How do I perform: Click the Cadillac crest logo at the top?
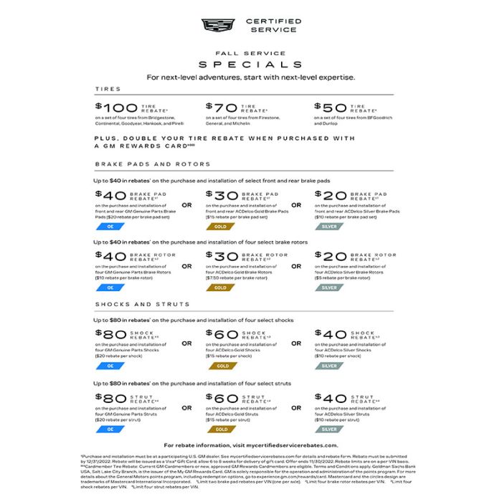click(217, 25)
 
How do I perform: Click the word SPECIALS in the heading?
click(250, 64)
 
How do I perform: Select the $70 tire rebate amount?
click(220, 107)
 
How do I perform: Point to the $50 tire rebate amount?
click(328, 107)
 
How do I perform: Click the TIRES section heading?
click(108, 89)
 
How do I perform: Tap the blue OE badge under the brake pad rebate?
click(110, 226)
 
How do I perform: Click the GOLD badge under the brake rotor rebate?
click(220, 288)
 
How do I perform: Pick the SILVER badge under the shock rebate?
click(329, 366)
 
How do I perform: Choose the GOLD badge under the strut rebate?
click(220, 430)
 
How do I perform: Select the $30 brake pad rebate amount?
click(220, 195)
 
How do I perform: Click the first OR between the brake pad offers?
click(186, 205)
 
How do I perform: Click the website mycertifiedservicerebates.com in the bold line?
click(290, 445)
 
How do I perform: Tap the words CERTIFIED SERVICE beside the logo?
click(263, 25)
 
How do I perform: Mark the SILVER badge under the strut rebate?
click(329, 430)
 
